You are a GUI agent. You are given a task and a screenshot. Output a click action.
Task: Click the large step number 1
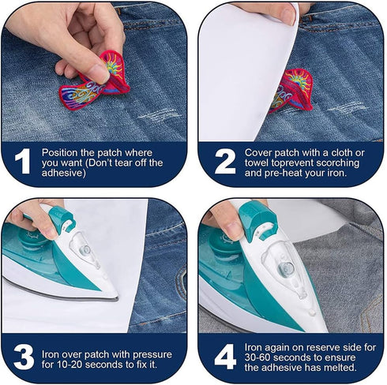23,161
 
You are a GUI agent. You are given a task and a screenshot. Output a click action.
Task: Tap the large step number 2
225,161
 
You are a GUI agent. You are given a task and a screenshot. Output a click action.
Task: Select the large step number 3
24,357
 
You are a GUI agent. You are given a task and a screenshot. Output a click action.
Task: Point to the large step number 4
225,357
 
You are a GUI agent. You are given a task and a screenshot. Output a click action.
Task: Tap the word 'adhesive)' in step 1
64,173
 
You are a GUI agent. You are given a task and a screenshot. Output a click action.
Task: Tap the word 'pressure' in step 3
152,355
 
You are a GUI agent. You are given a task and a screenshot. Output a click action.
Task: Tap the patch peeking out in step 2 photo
291,92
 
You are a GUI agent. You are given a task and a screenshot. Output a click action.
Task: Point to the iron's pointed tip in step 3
117,297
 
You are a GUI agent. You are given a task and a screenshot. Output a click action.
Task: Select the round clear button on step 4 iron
286,268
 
